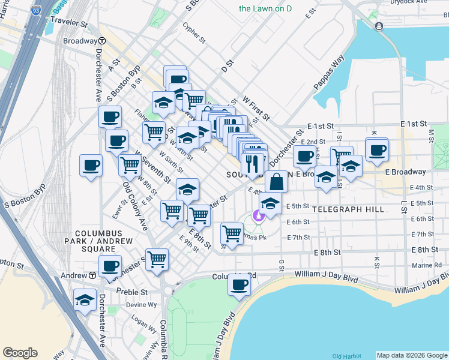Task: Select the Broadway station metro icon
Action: click(103, 41)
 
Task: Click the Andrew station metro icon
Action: click(93, 275)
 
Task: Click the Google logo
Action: click(20, 353)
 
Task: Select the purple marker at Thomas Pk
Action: click(259, 215)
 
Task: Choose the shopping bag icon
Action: click(276, 181)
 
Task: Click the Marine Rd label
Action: click(427, 265)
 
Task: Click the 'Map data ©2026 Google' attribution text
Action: click(412, 355)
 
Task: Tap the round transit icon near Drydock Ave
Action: click(379, 26)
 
